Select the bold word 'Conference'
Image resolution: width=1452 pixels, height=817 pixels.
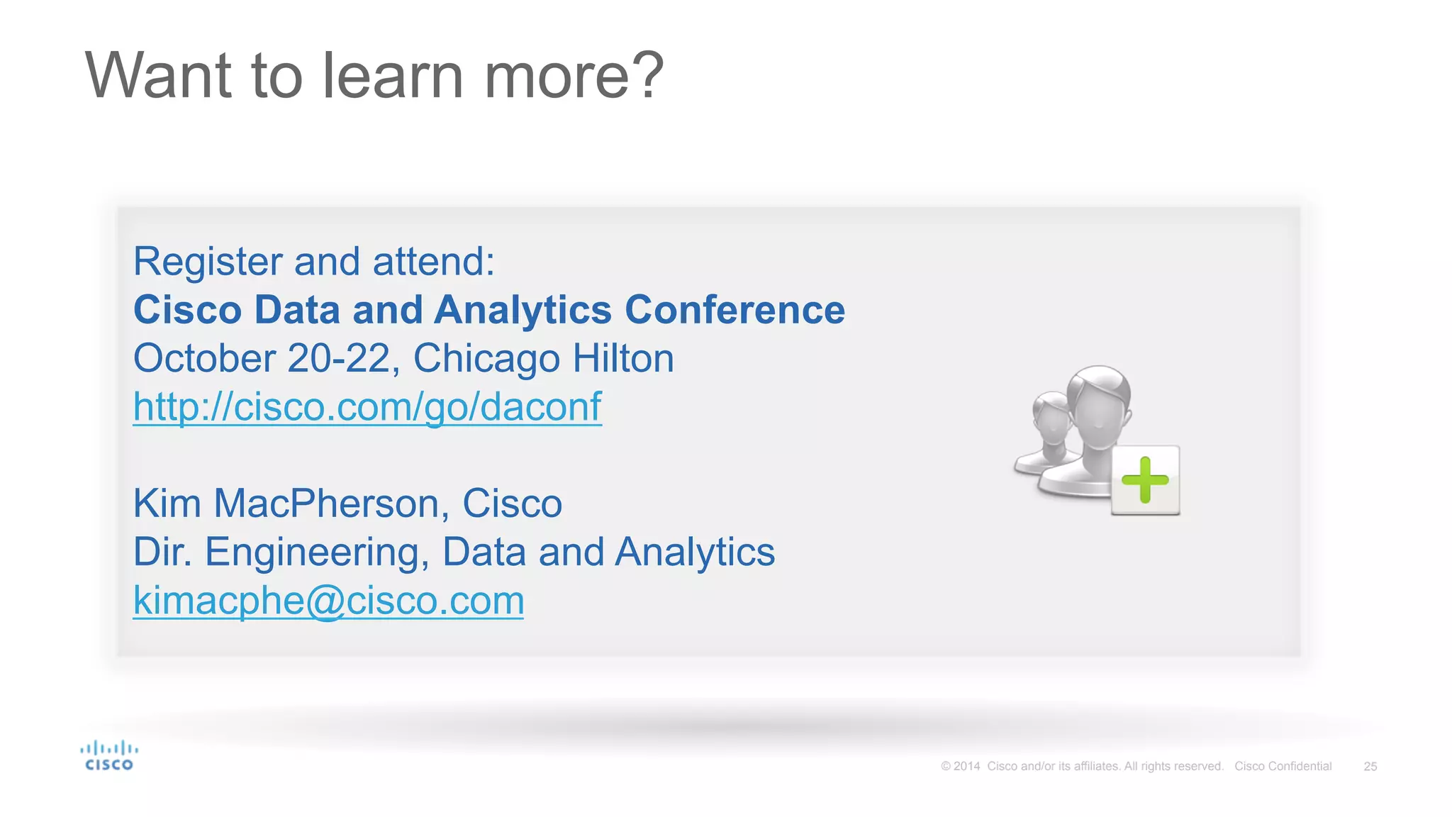pyautogui.click(x=735, y=310)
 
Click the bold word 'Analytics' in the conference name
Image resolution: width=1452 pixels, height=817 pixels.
pyautogui.click(x=523, y=310)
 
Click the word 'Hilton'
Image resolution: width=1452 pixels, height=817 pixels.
pyautogui.click(x=622, y=357)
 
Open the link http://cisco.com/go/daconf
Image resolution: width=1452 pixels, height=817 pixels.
pyautogui.click(x=367, y=407)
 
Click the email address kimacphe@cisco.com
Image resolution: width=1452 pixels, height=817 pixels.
pyautogui.click(x=328, y=601)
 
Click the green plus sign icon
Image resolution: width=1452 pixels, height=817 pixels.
pyautogui.click(x=1145, y=480)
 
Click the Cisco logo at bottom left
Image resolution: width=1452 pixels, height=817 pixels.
pyautogui.click(x=108, y=756)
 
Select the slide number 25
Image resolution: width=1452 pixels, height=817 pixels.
pyautogui.click(x=1370, y=767)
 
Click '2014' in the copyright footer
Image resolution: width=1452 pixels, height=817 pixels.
pyautogui.click(x=966, y=767)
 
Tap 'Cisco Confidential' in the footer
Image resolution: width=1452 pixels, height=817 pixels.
pyautogui.click(x=1283, y=767)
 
